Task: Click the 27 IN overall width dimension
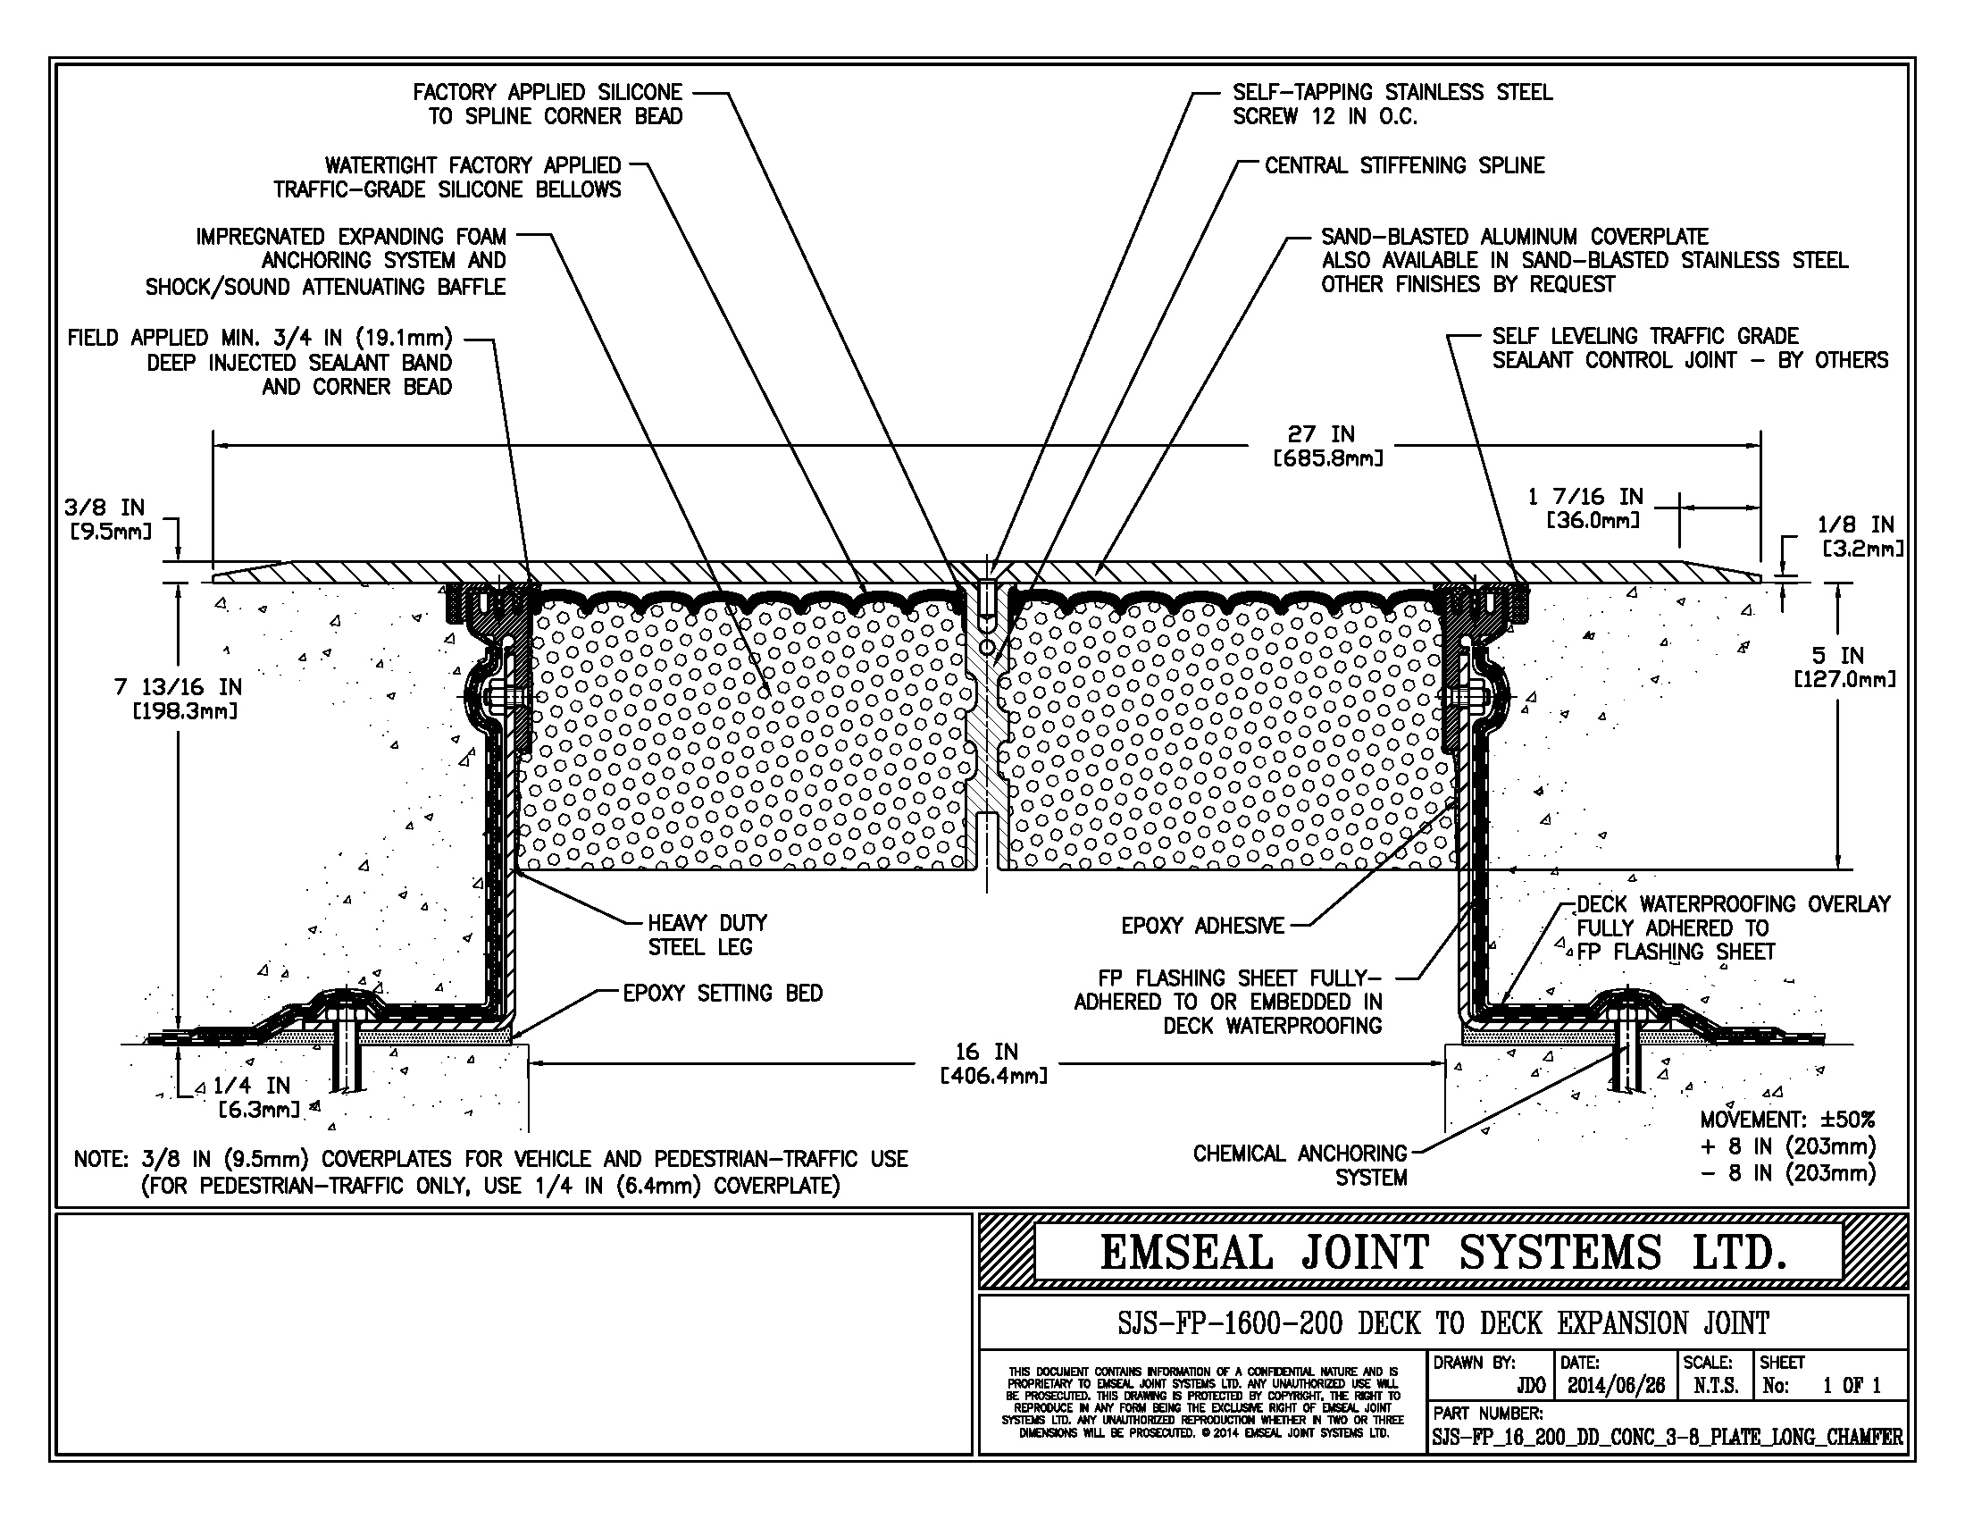[1328, 447]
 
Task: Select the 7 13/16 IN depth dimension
[178, 700]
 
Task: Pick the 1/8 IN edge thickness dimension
[1860, 536]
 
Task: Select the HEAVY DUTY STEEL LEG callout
[708, 935]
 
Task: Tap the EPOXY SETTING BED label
[723, 994]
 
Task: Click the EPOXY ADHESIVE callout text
[1203, 926]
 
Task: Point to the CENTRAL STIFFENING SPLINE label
[1404, 165]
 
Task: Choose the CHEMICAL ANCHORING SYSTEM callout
[1300, 1165]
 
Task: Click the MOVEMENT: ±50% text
[1788, 1120]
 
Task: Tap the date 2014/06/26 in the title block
[1616, 1386]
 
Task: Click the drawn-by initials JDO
[1530, 1386]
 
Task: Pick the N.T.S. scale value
[1716, 1386]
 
